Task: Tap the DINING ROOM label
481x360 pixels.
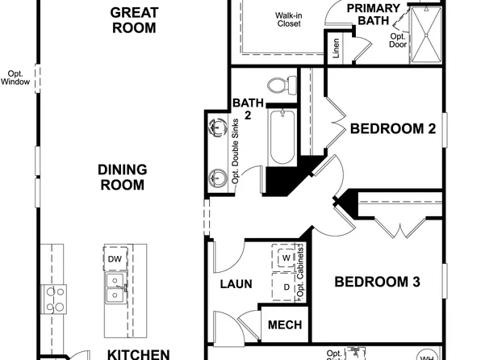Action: click(122, 177)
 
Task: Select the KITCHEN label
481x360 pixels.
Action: click(139, 354)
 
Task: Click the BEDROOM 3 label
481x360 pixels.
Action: click(378, 282)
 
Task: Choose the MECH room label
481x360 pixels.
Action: click(284, 325)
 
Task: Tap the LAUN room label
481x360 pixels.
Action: click(236, 284)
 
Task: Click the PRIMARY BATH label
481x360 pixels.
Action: click(374, 15)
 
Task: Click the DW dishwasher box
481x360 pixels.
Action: click(115, 258)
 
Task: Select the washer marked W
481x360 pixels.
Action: click(286, 260)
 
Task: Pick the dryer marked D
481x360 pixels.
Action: click(286, 287)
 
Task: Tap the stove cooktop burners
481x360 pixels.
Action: click(55, 298)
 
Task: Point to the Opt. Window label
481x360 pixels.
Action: click(15, 76)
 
